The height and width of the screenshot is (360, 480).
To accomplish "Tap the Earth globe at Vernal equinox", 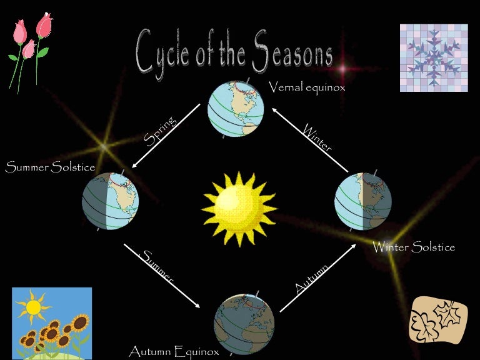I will [x=236, y=109].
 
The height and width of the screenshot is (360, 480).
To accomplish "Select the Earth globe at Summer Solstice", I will [x=110, y=199].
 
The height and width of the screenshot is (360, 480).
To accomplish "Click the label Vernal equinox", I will [x=307, y=87].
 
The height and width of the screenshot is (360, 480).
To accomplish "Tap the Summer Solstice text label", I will [x=50, y=167].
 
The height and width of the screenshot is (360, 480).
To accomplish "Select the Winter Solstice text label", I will [x=414, y=247].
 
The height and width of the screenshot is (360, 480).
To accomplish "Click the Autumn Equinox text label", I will [x=174, y=352].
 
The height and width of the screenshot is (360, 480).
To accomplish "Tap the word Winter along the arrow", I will [x=317, y=138].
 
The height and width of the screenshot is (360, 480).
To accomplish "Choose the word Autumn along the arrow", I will [x=311, y=279].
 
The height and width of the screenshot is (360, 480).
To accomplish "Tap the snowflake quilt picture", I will [x=433, y=57].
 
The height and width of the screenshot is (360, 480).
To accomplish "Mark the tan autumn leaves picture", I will [x=438, y=321].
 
